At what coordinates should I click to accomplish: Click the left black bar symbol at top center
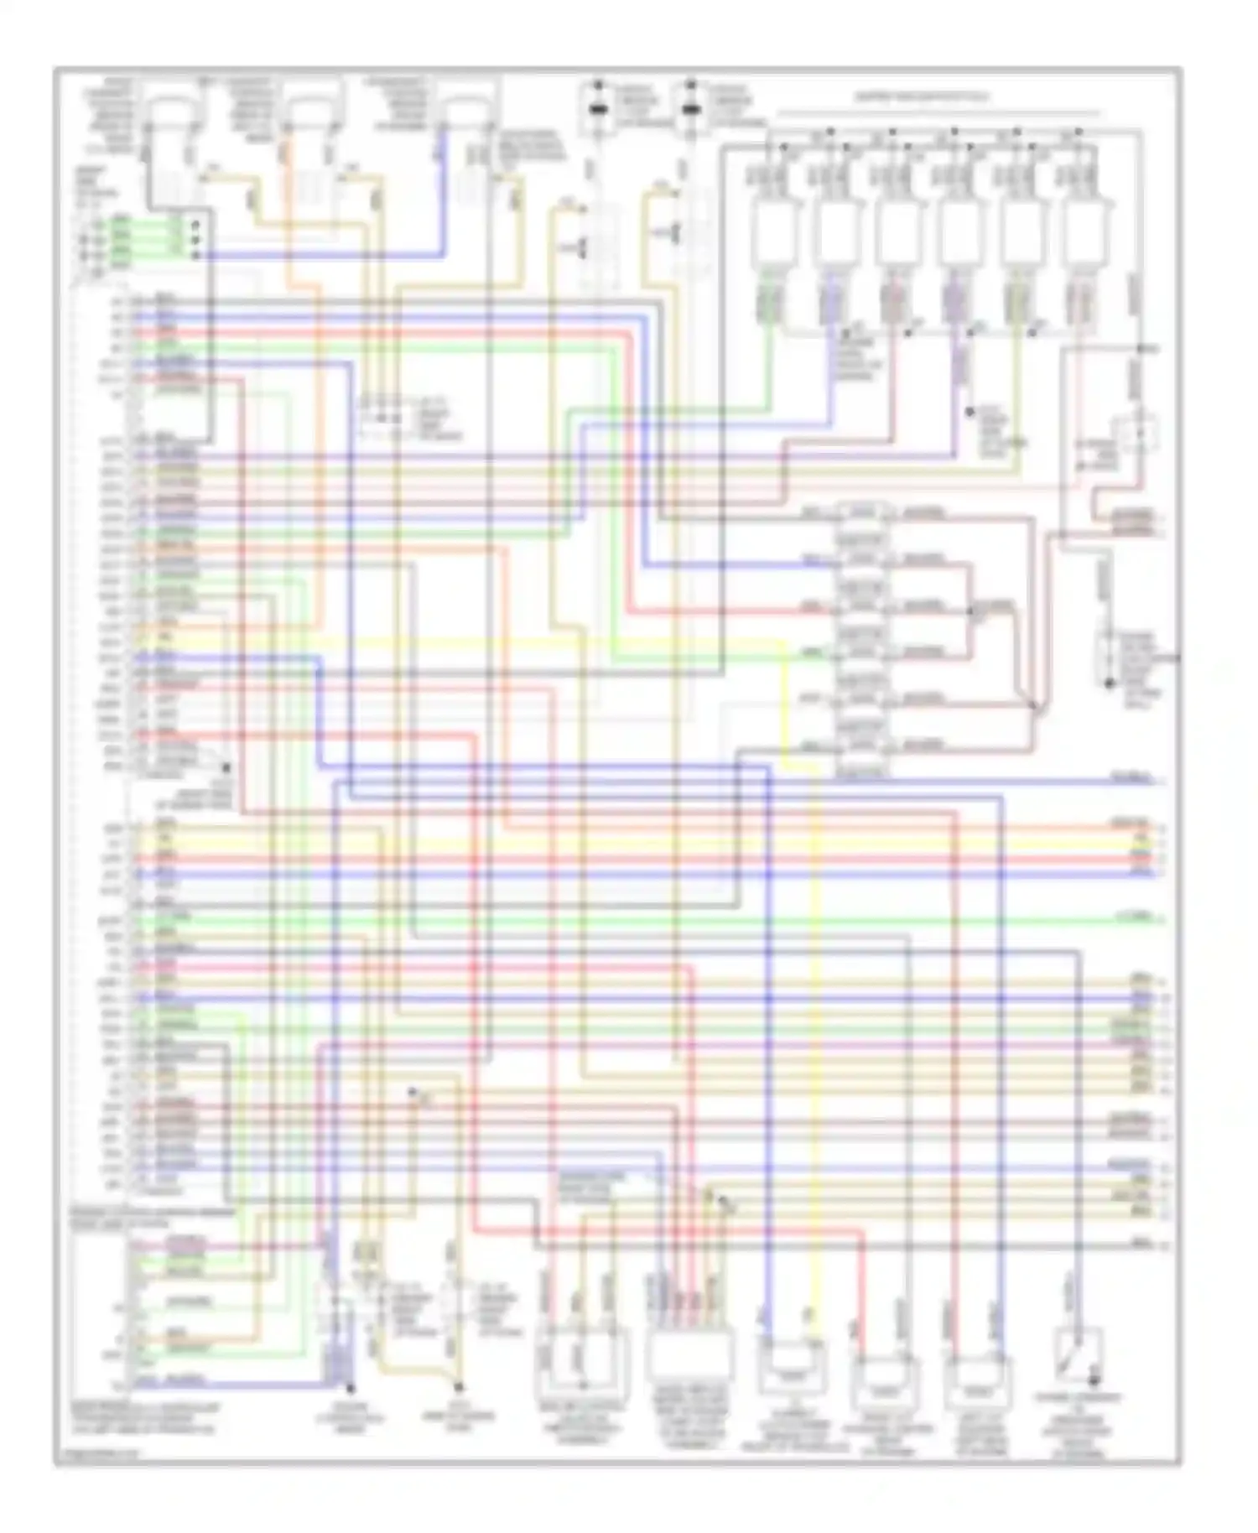click(x=598, y=109)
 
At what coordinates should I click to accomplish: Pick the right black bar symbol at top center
click(x=690, y=109)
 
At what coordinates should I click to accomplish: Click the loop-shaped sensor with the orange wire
click(x=312, y=113)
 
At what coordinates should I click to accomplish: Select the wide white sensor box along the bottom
click(x=690, y=1354)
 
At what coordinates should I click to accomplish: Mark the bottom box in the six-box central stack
click(x=862, y=746)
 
